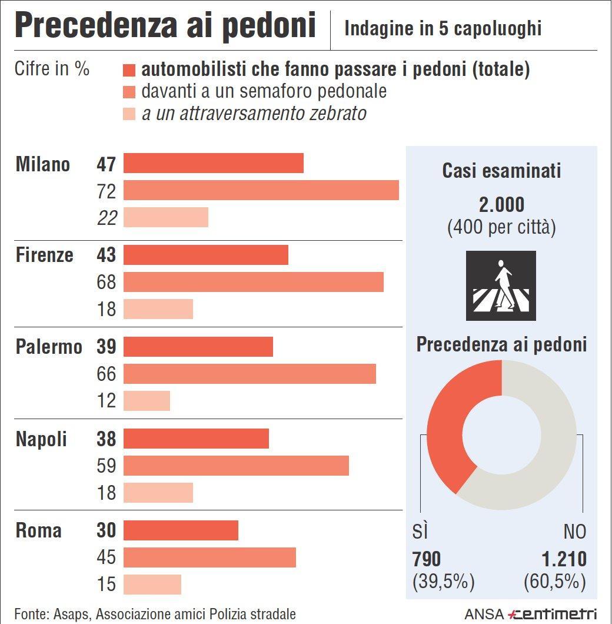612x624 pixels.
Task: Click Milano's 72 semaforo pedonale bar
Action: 261,191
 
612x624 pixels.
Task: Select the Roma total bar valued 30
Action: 181,530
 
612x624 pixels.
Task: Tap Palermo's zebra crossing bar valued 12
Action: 147,401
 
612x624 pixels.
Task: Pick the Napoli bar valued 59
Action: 236,466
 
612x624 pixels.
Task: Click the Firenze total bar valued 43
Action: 206,255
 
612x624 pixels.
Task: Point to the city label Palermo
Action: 49,347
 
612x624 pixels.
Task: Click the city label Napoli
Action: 41,439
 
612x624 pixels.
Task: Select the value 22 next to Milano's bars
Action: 107,218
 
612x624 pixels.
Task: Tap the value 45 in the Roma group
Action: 107,557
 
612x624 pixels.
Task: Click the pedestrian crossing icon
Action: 501,286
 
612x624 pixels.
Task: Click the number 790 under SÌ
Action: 427,559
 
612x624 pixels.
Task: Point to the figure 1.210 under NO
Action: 563,559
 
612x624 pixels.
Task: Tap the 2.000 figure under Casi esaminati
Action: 501,205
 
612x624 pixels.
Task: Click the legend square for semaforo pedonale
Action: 129,92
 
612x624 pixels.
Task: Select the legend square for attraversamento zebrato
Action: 129,113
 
